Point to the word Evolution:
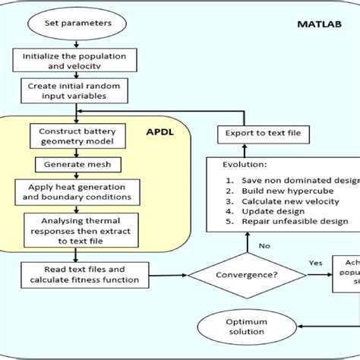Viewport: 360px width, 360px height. coord(245,165)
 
